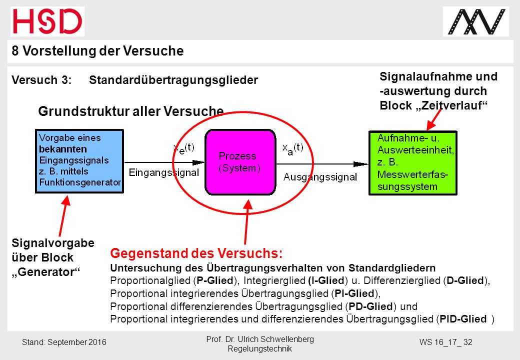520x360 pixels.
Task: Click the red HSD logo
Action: pos(47,21)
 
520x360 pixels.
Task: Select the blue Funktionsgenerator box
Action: pos(79,161)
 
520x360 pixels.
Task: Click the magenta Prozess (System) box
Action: pos(240,162)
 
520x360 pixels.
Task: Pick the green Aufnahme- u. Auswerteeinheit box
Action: pos(413,163)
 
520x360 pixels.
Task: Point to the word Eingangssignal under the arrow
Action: pos(164,172)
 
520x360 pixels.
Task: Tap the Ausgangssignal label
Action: pos(320,177)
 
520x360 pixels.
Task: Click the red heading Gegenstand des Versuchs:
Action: pos(196,253)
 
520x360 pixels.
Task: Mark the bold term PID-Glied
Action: pos(463,319)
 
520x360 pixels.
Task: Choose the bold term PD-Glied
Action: pos(370,306)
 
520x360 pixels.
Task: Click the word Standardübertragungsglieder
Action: pos(173,80)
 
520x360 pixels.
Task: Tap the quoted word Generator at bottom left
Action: pos(46,272)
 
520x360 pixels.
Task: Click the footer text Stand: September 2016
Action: pos(64,342)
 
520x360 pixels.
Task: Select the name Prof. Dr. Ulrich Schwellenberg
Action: pos(260,339)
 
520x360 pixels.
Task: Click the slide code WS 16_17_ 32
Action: pos(445,342)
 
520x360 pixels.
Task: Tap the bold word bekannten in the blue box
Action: pos(63,149)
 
